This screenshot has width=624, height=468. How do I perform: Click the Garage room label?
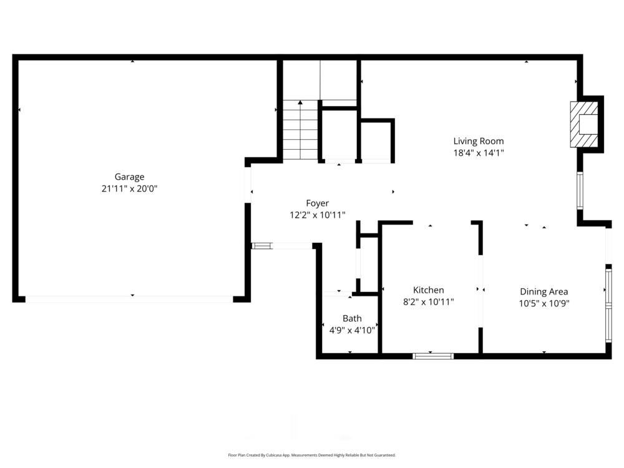(x=129, y=177)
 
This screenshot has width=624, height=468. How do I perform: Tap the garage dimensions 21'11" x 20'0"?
(x=129, y=188)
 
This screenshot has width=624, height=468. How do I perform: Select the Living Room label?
(x=478, y=141)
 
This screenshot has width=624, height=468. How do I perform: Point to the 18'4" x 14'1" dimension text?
(x=478, y=153)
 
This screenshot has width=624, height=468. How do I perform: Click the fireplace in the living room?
(x=585, y=125)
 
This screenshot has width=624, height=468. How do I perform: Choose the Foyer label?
(x=317, y=203)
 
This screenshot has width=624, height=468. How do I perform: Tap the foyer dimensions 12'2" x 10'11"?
(x=317, y=215)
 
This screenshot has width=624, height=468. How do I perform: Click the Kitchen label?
(x=429, y=290)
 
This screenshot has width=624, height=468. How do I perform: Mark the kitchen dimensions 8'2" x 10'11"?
(x=429, y=302)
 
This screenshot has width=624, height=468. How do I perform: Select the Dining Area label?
(x=544, y=291)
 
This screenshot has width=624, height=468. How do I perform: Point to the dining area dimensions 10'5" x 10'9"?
(x=544, y=303)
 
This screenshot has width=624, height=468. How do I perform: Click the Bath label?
(x=352, y=318)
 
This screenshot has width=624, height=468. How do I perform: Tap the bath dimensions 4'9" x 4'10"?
(x=352, y=330)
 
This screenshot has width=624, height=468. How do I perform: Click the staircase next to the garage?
(x=301, y=131)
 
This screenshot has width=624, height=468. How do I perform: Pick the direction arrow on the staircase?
(x=301, y=103)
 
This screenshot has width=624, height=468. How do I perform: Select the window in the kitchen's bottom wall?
(x=433, y=356)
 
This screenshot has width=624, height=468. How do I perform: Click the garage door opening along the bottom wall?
(x=129, y=299)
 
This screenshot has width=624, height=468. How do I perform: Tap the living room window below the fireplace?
(x=580, y=191)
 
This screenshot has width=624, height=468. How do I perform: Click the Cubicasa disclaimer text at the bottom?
(x=312, y=455)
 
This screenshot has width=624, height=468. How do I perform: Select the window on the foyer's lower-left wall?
(x=261, y=246)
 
